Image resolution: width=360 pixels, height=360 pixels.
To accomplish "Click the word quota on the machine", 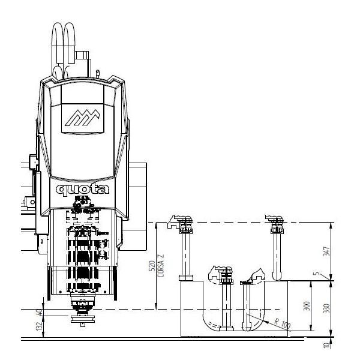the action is [82, 190].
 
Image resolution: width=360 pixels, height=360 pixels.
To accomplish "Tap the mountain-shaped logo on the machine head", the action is [83, 118].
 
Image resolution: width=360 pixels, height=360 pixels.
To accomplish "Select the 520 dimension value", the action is [152, 266].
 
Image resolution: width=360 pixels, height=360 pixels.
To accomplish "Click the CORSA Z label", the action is [161, 265].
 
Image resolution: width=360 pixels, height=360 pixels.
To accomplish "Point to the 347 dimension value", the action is [326, 251].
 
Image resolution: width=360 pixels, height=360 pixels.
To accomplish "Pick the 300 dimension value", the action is [307, 306].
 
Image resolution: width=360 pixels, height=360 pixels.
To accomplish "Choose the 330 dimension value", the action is [326, 308].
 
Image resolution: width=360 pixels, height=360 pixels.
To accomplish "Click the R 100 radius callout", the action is [283, 323].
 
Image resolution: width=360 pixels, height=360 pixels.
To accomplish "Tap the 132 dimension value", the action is [40, 326].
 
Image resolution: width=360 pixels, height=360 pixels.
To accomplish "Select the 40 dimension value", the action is [40, 313].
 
